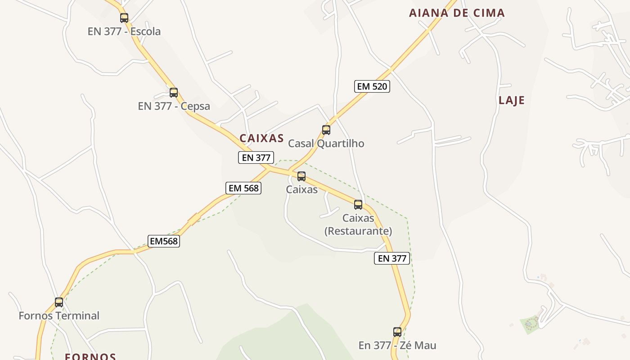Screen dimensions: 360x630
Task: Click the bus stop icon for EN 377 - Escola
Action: coord(124,18)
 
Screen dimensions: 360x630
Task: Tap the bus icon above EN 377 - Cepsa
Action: coord(174,93)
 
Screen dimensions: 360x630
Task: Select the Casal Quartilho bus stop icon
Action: coord(326,130)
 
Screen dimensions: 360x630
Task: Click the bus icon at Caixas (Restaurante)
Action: coord(358,205)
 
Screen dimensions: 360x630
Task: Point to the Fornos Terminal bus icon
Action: coord(59,302)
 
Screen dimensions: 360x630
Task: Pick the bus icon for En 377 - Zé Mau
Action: coord(397,332)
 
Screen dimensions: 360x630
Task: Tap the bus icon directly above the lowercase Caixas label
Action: coord(301,176)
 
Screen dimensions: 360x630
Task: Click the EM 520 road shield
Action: coord(372,86)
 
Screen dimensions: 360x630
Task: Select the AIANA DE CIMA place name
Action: coord(457,13)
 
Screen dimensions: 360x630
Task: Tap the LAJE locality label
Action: coord(512,100)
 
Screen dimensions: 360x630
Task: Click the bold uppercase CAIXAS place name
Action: coord(261,138)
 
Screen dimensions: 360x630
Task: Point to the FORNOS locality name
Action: coord(90,356)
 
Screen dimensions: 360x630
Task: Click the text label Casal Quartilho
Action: coord(326,144)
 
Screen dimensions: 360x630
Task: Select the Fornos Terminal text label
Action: coord(59,315)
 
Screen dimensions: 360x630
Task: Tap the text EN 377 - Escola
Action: coord(124,31)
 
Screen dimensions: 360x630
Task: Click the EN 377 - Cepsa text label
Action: coord(174,106)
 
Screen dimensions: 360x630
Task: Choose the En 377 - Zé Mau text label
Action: coord(397,346)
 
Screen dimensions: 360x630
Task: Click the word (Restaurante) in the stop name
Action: coord(358,231)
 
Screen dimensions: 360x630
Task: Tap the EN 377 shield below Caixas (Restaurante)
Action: coord(392,258)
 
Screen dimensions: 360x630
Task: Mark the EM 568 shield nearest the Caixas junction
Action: coord(243,188)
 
